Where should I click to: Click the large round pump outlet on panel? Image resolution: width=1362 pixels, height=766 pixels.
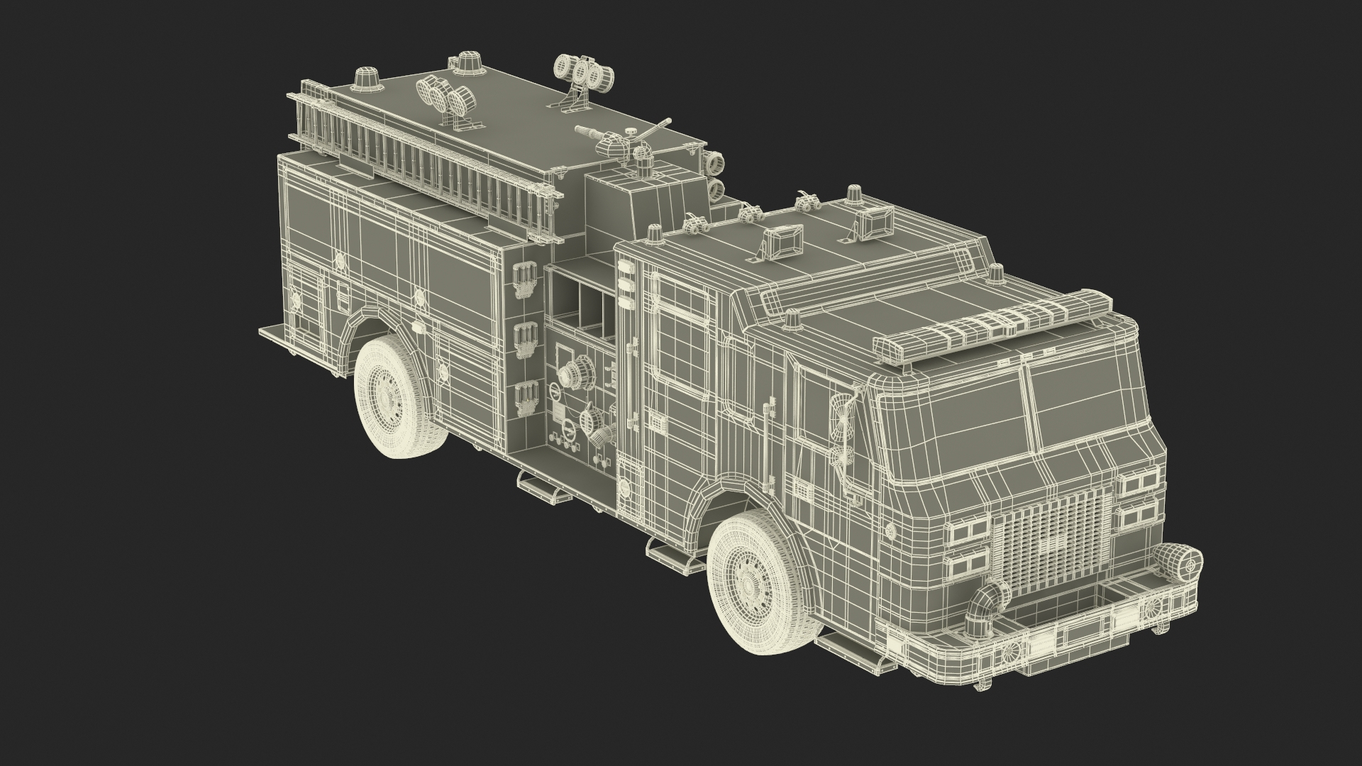click(575, 372)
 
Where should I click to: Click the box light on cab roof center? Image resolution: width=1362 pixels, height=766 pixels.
click(781, 240)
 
